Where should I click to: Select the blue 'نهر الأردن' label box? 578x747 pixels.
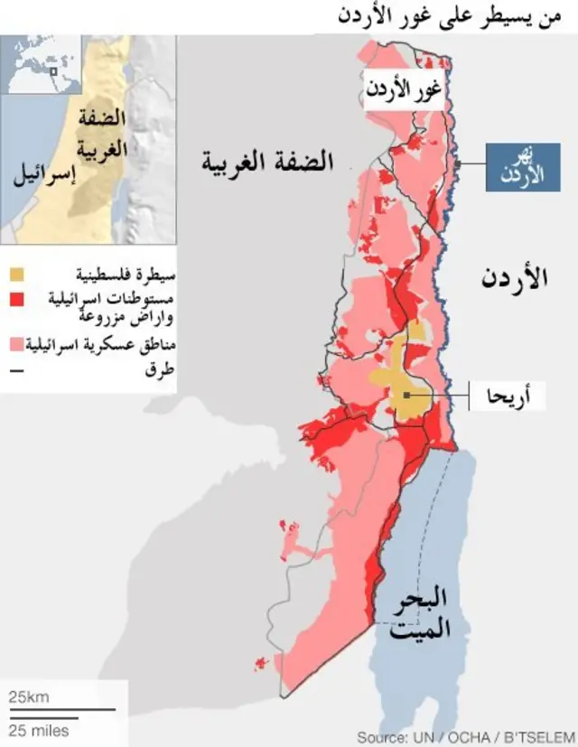tap(522, 167)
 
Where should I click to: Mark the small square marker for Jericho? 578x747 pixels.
tap(408, 395)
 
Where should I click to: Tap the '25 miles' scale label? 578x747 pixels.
tap(39, 729)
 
